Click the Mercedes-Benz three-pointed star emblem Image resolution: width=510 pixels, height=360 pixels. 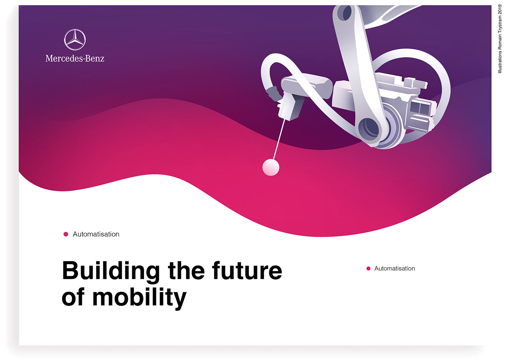pos(75,40)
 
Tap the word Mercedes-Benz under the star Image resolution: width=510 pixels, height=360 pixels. pos(75,59)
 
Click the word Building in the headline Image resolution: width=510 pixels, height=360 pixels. pos(111,271)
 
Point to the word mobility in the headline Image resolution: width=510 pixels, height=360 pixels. pos(139,298)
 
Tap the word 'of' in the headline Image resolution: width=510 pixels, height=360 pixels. pos(73,297)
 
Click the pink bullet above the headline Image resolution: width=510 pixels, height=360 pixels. pos(66,234)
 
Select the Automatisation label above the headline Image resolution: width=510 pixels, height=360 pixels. pos(96,234)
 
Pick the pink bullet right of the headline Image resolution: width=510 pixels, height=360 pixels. pos(368,269)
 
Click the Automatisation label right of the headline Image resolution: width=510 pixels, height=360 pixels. pos(395,269)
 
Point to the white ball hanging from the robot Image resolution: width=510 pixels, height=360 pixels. pos(271,167)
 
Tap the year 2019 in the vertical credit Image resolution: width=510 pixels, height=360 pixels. pos(500,9)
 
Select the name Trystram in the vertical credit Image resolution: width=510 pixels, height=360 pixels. pos(500,25)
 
